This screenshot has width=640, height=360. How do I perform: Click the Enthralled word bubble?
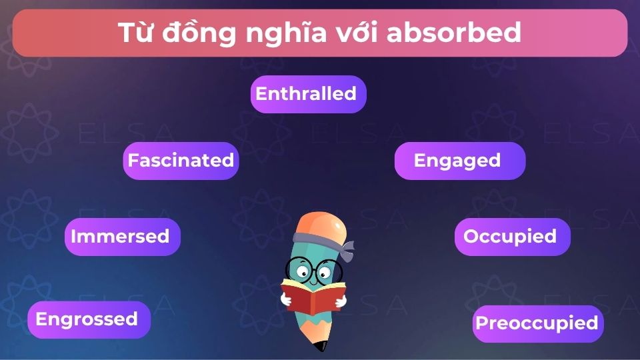(308, 94)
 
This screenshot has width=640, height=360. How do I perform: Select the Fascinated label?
(181, 161)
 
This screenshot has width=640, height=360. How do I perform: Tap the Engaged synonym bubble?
(459, 161)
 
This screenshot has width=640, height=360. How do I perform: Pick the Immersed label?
(122, 237)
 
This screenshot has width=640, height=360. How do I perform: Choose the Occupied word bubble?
(512, 237)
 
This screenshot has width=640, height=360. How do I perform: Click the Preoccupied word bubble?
(537, 323)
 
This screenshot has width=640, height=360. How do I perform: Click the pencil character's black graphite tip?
(322, 346)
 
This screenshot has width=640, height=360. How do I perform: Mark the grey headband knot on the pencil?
(346, 250)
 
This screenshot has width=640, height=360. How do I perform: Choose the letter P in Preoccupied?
(481, 324)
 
